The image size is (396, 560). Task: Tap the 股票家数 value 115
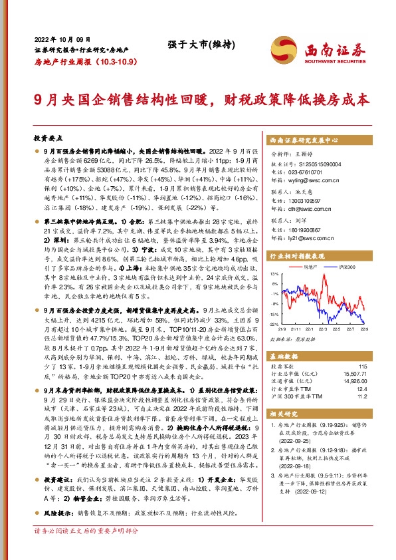[362, 367]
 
